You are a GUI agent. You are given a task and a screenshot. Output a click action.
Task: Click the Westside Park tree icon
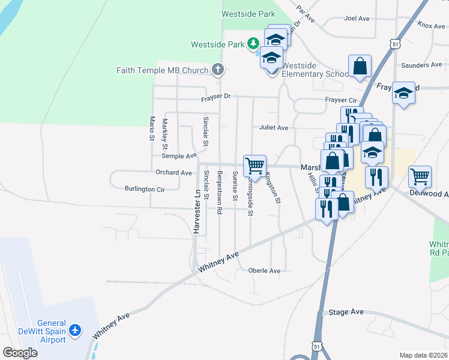[x=253, y=44]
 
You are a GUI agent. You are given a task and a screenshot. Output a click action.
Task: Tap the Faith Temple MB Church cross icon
[x=217, y=70]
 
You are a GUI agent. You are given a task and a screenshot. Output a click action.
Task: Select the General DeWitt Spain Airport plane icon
[x=74, y=330]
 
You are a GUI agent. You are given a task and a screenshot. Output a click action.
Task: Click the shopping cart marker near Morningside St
[x=255, y=165]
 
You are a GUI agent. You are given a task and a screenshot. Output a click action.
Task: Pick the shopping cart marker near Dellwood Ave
[x=420, y=176]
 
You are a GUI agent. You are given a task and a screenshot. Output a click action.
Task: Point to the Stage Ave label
[x=346, y=312]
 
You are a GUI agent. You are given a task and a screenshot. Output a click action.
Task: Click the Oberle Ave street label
[x=264, y=271]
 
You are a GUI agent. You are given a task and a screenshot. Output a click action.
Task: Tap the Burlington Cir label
[x=144, y=188]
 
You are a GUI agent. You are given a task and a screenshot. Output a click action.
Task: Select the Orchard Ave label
[x=173, y=173]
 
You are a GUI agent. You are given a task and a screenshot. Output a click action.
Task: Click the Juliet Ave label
[x=274, y=128]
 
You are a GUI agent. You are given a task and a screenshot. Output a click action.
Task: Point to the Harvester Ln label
[x=196, y=211]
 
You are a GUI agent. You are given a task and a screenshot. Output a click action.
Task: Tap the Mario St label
[x=152, y=128]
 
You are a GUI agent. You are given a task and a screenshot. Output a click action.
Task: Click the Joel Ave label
[x=357, y=19]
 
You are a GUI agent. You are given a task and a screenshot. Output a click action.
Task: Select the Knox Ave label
[x=432, y=25]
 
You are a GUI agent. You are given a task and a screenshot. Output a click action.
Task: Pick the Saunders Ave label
[x=421, y=65]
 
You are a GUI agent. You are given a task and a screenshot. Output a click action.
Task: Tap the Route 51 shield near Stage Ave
[x=318, y=346]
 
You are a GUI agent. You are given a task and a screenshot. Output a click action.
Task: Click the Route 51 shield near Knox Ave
[x=394, y=44]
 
